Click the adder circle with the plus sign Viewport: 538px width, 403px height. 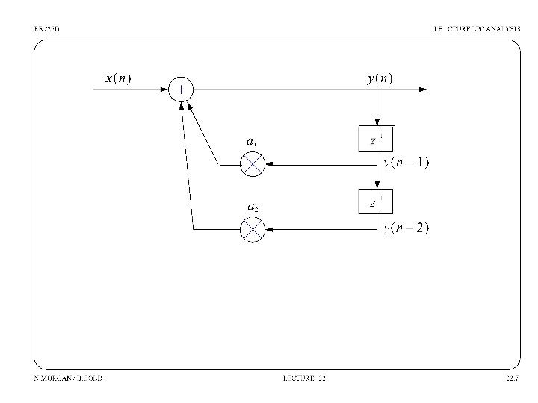pos(182,90)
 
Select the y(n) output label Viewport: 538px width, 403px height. pos(380,78)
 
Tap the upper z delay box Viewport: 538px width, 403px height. pos(377,140)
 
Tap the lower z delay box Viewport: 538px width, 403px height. pos(377,202)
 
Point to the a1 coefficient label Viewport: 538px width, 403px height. pos(253,140)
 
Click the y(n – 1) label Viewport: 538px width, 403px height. pos(406,163)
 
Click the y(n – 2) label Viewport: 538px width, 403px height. pos(406,228)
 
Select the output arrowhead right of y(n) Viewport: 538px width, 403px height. pos(423,90)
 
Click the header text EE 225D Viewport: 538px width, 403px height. pos(46,28)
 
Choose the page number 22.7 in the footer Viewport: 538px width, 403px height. pos(512,378)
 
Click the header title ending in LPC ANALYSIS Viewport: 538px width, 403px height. pos(477,28)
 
